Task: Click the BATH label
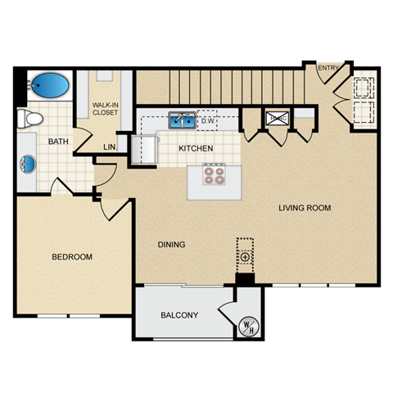[x=58, y=142]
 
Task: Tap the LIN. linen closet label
[x=110, y=147]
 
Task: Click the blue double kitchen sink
[x=182, y=121]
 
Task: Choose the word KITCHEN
[x=196, y=148]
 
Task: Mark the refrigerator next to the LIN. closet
[x=148, y=148]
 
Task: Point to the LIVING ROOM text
[x=304, y=208]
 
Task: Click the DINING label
[x=171, y=244]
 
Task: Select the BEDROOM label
[x=72, y=257]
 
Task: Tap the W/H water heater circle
[x=247, y=326]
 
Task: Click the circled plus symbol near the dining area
[x=245, y=257]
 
